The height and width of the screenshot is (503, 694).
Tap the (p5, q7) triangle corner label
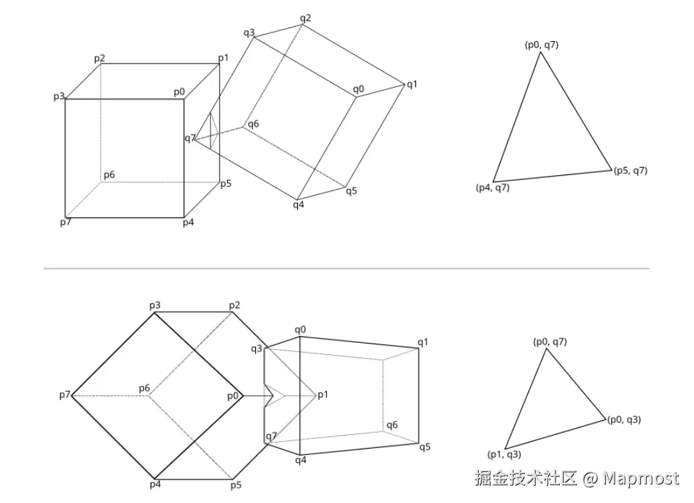pyautogui.click(x=630, y=171)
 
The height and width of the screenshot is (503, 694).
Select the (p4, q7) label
pyautogui.click(x=492, y=188)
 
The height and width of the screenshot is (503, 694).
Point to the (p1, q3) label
pyautogui.click(x=504, y=454)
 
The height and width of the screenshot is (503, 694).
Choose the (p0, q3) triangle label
pyautogui.click(x=624, y=419)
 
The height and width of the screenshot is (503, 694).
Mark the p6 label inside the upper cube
pyautogui.click(x=109, y=175)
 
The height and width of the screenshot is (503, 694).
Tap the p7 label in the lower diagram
pyautogui.click(x=65, y=395)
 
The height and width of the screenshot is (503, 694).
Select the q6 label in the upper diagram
pyautogui.click(x=254, y=124)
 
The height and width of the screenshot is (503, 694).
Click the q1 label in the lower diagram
pyautogui.click(x=423, y=342)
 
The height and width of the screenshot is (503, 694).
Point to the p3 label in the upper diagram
pyautogui.click(x=59, y=96)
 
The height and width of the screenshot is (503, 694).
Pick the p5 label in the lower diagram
pyautogui.click(x=236, y=485)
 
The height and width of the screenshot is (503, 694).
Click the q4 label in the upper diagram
pyautogui.click(x=299, y=204)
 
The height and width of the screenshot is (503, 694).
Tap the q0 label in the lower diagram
pyautogui.click(x=300, y=330)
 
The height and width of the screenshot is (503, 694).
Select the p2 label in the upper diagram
pyautogui.click(x=100, y=58)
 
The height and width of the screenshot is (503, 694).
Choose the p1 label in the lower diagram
pyautogui.click(x=323, y=394)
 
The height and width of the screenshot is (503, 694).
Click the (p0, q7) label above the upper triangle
pyautogui.click(x=541, y=45)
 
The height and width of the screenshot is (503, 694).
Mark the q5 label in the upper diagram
pyautogui.click(x=351, y=191)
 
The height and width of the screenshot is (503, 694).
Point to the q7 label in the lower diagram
pyautogui.click(x=271, y=436)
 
